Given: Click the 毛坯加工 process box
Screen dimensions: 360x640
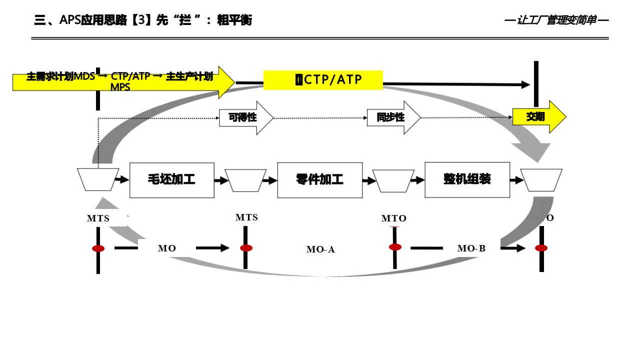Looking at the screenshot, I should (x=171, y=180).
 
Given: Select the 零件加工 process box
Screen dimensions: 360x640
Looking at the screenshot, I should (x=319, y=180).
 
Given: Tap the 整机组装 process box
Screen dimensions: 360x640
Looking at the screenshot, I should (x=467, y=179).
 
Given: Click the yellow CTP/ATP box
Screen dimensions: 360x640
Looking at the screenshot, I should (x=323, y=80).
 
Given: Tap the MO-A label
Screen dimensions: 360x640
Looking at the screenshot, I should (x=320, y=249).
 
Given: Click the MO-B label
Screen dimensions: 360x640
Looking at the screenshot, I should (x=471, y=248).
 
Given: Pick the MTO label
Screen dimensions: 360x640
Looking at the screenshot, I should (x=394, y=218).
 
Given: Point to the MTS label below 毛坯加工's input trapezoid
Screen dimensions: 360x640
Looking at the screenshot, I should (x=98, y=218).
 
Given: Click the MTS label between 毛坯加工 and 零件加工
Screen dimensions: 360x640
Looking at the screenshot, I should (x=246, y=217).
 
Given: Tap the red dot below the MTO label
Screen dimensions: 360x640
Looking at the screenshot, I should (x=395, y=247).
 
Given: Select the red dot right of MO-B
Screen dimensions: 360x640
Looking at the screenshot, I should (x=541, y=248).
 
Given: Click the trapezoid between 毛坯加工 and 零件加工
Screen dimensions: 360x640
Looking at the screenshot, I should (x=245, y=180).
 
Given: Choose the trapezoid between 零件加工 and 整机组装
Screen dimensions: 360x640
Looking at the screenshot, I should (x=393, y=181).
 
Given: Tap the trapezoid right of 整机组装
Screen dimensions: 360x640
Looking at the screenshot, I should (x=541, y=180).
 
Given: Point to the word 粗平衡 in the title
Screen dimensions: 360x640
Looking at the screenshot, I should (x=234, y=20).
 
